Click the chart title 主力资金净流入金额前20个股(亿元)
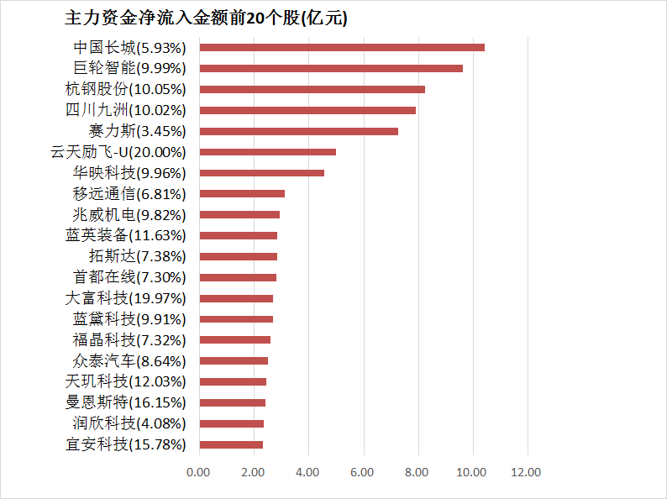coord(206,18)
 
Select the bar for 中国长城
coord(342,47)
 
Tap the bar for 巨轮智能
coord(331,68)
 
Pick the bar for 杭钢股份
coord(312,89)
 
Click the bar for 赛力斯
coord(299,131)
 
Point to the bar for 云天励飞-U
coord(268,152)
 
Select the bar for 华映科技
coord(262,173)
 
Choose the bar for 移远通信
coord(242,194)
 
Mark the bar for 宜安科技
coord(231,444)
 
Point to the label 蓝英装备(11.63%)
coord(125,235)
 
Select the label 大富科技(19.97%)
coord(125,298)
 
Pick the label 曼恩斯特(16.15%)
coord(125,402)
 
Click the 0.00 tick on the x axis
coord(199,473)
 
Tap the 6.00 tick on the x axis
coord(363,473)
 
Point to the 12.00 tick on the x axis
coord(527,473)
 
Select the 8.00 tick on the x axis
coord(418,473)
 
